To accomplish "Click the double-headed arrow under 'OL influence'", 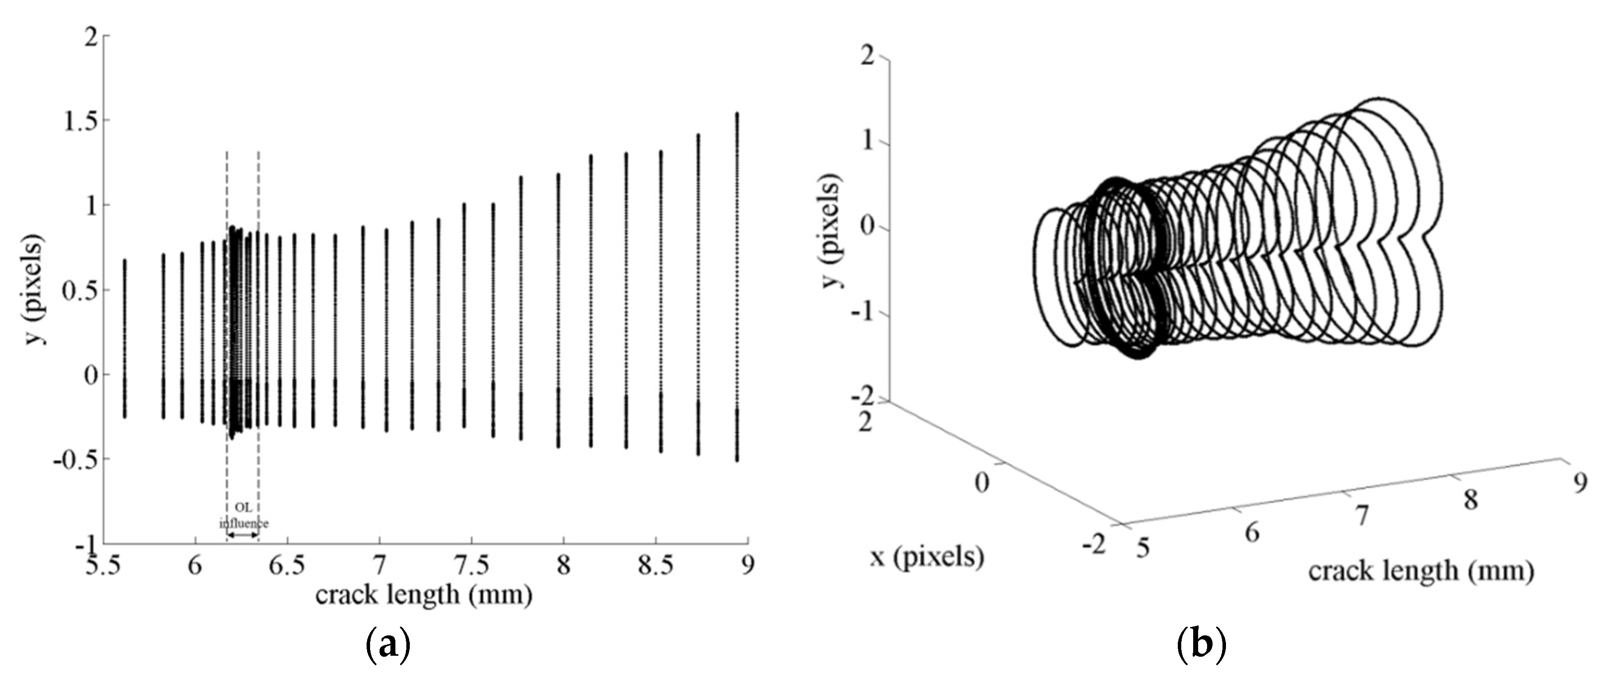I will click(x=242, y=535).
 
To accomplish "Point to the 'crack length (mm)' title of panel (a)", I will click(x=424, y=595).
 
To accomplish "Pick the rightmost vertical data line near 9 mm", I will click(x=737, y=286).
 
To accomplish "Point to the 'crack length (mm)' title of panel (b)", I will click(x=1420, y=570).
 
